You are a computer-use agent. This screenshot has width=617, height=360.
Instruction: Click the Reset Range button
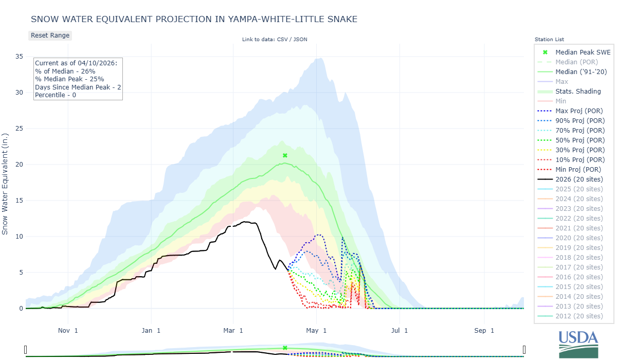coord(50,35)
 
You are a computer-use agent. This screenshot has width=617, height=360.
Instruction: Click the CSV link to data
coord(283,40)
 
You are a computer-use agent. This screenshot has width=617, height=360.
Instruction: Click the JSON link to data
coord(300,40)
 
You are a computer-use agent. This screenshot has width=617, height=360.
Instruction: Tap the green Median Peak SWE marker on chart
coord(285,155)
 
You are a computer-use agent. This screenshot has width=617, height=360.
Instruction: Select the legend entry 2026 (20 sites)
coord(579,179)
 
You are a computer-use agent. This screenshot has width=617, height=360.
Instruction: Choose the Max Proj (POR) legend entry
coord(579,111)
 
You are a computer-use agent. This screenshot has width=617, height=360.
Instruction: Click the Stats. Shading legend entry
coord(578,91)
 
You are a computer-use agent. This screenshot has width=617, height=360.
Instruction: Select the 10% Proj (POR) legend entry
coord(579,159)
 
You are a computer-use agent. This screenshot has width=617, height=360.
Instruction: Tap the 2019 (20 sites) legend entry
coord(579,247)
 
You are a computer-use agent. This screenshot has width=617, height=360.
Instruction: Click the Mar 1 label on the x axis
coord(233,330)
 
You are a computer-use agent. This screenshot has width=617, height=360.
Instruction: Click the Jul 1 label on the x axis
coord(399,330)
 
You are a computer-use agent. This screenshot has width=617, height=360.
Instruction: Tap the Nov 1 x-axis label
coord(68,330)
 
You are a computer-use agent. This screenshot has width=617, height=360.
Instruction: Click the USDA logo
coord(578,344)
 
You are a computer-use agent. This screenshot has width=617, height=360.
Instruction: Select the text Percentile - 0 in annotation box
coord(56,95)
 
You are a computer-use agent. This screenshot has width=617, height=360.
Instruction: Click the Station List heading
coord(549,40)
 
